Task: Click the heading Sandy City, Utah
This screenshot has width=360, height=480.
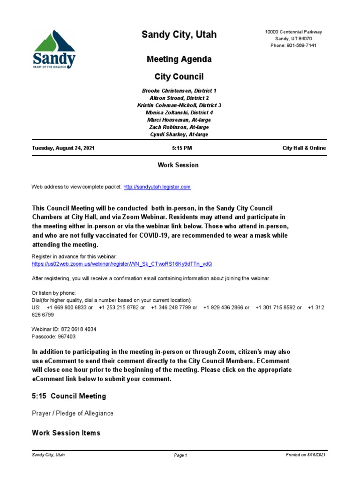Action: pos(180,35)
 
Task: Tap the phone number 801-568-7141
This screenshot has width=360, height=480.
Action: pos(293,45)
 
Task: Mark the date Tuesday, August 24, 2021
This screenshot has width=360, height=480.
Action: pos(63,148)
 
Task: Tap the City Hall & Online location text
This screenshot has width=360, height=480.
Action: pos(304,148)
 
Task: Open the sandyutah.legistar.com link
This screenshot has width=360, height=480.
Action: pos(157,187)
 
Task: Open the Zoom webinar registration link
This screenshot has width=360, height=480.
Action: pos(122,264)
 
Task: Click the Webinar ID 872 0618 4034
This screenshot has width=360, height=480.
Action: pos(64,330)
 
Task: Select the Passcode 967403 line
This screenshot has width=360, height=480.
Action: pos(53,337)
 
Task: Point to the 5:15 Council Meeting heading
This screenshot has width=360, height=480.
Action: pos(69,396)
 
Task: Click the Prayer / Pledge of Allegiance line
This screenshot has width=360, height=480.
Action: pos(73,413)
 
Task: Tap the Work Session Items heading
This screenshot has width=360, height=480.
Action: pos(66,433)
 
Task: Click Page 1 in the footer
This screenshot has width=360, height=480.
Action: pos(180,455)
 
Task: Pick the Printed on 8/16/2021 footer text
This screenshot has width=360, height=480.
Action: pos(306,455)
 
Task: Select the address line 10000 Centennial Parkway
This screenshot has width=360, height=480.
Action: pos(293,32)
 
